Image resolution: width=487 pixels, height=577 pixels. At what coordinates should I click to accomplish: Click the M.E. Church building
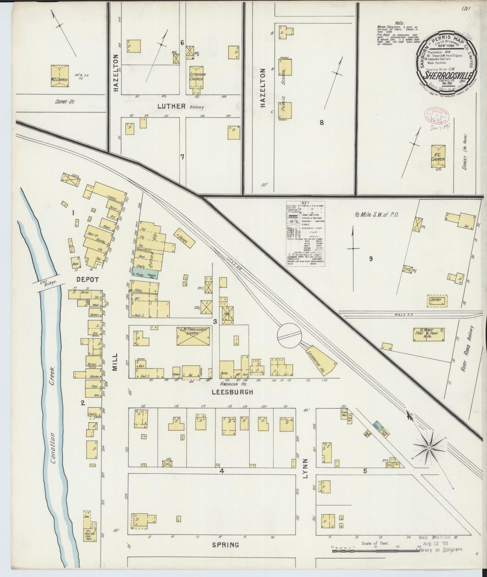(60, 76)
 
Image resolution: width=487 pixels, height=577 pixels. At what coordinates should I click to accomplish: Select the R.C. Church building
(438, 156)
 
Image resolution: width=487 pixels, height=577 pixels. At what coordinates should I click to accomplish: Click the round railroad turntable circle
(289, 335)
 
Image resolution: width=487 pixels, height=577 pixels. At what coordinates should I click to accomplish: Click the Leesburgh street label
(232, 392)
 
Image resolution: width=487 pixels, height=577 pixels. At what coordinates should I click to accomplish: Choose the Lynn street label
(305, 468)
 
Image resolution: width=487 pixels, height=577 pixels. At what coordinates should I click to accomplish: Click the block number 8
(322, 122)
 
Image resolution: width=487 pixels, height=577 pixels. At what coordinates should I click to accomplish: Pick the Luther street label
(172, 106)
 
